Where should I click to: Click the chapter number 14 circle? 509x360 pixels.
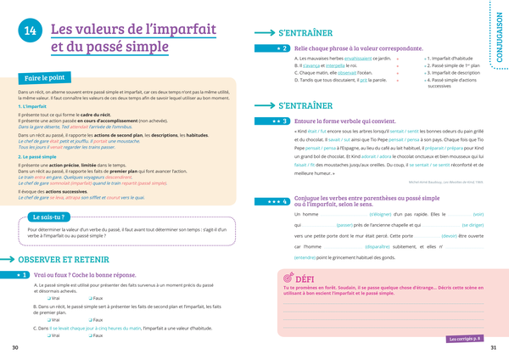[x=29, y=32]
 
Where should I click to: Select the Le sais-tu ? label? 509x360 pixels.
[x=50, y=217]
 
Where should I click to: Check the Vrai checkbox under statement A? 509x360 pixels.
[x=48, y=298]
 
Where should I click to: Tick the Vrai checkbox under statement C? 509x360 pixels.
[x=48, y=336]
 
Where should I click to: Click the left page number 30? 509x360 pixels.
[x=14, y=348]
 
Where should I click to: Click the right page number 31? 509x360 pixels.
[x=494, y=348]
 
